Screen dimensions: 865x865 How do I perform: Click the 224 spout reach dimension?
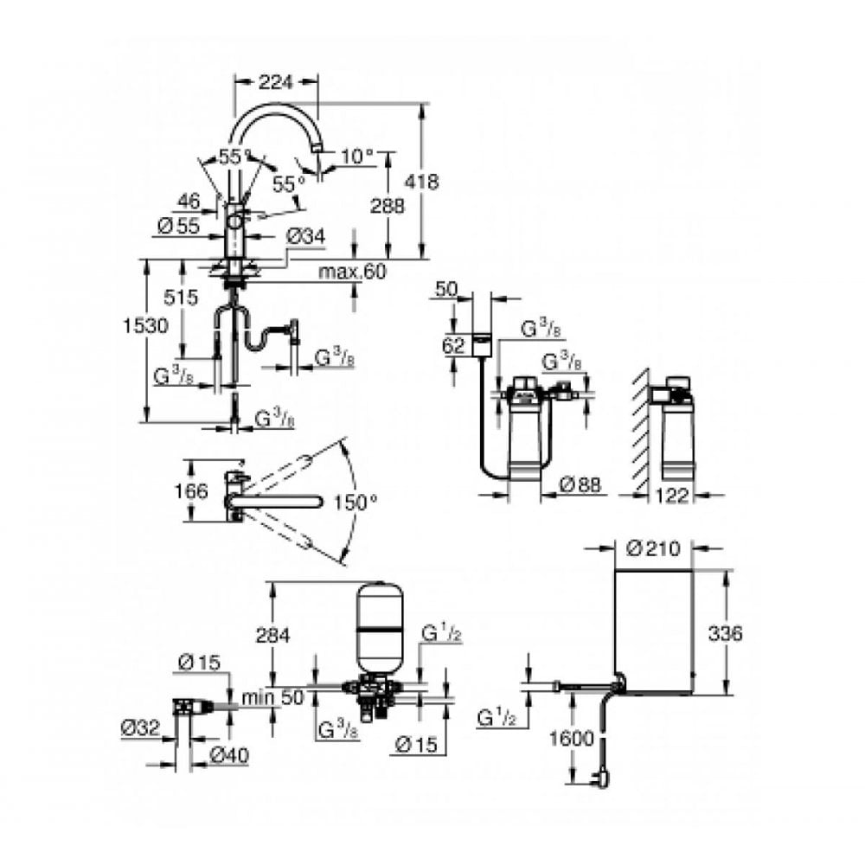click(x=276, y=82)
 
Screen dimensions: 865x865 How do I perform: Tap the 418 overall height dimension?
click(x=423, y=183)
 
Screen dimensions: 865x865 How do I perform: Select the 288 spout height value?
click(x=388, y=207)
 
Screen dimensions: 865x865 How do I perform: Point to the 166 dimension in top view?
click(x=191, y=491)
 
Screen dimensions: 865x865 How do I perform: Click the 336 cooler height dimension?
click(x=725, y=633)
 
